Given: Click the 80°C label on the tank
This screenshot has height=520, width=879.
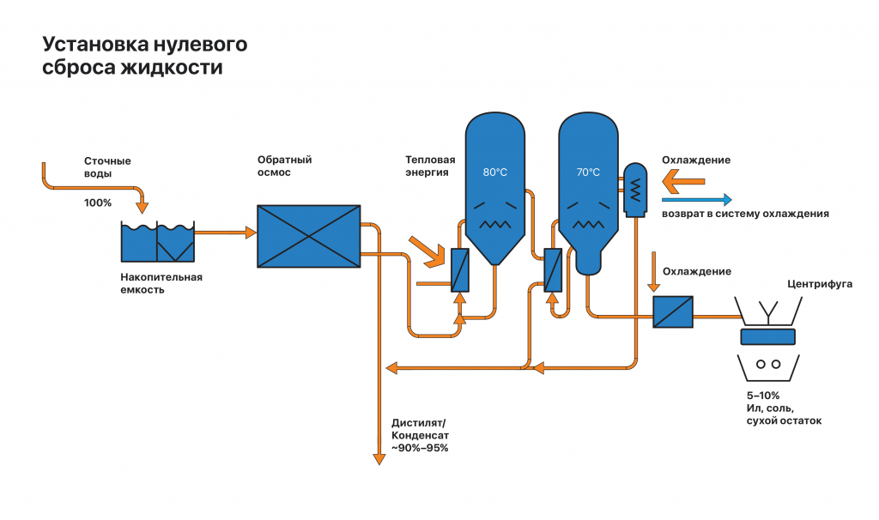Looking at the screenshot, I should [x=495, y=172].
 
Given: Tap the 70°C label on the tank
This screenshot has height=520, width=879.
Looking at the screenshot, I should [x=588, y=172].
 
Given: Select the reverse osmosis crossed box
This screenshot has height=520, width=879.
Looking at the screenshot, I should [x=309, y=235].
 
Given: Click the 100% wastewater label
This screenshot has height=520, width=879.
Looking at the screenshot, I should [x=98, y=203].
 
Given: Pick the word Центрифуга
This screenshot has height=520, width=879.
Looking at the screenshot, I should [x=820, y=283].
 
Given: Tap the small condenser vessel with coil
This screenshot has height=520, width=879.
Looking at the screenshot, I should [x=634, y=188].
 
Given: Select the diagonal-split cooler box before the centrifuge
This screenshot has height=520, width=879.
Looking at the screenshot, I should [x=673, y=311].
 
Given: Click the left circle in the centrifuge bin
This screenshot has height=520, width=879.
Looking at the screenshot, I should [x=761, y=364].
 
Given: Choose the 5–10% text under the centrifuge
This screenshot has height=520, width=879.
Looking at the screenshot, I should [x=764, y=395].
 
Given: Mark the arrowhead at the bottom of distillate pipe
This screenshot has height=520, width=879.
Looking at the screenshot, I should [x=379, y=459].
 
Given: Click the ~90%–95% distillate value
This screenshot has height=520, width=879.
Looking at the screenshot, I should [x=420, y=448].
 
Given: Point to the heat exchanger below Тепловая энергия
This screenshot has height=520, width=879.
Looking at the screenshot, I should [x=459, y=269].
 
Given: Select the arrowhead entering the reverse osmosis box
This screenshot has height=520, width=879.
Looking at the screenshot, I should [x=252, y=233].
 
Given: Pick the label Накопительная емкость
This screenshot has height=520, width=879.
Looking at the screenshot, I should [x=161, y=283].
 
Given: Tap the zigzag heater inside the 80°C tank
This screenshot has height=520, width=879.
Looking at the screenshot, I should [x=495, y=224].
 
